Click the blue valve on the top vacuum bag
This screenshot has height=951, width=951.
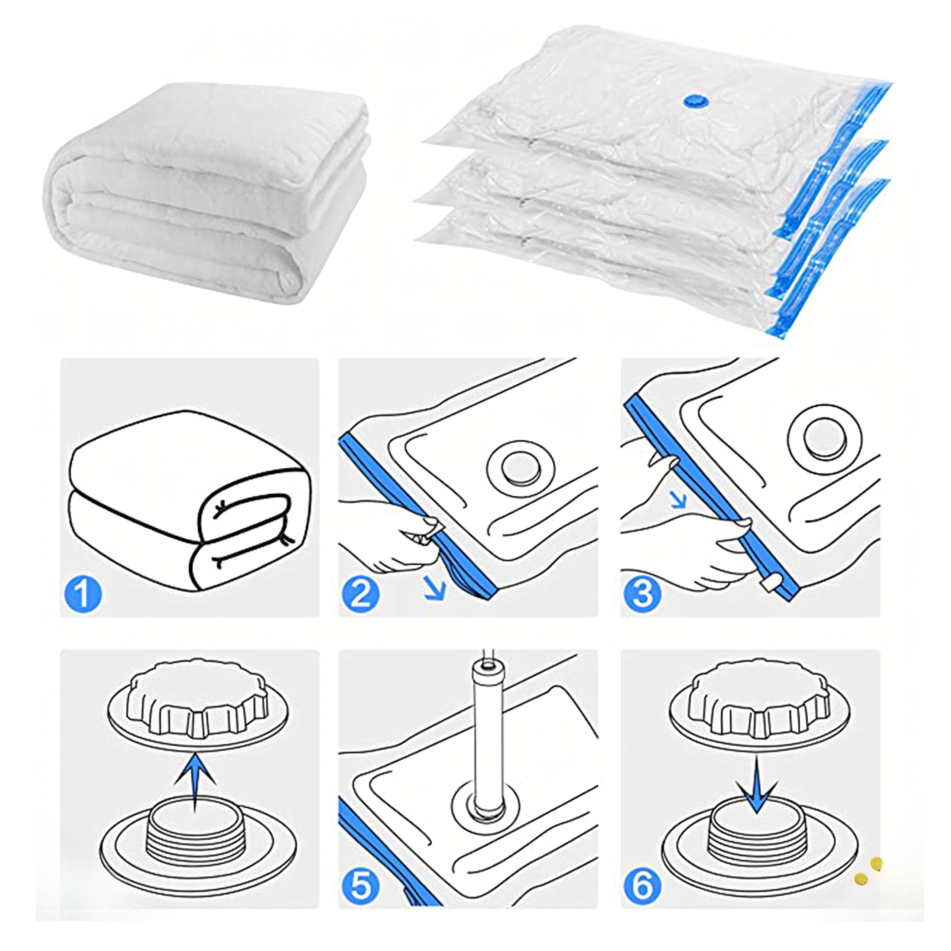(695, 100)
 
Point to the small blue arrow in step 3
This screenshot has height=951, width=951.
(679, 499)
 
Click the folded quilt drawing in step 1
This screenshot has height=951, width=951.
(190, 500)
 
